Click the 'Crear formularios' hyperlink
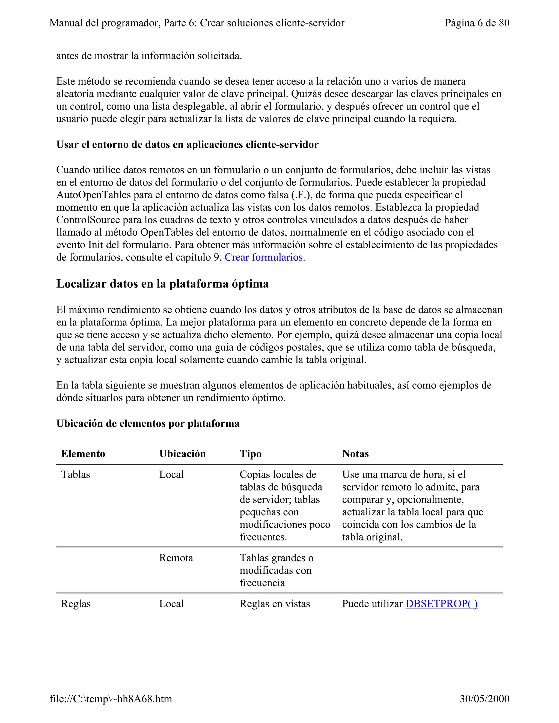point(264,257)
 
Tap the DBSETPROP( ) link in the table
point(441,604)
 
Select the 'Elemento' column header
point(83,453)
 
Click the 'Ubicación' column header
point(183,453)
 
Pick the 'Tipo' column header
point(251,453)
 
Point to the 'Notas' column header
point(355,453)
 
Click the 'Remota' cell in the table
point(176,558)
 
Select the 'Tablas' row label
point(76,474)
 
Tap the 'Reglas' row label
point(76,604)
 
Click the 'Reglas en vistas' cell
point(275,604)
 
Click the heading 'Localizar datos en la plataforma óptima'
point(162,284)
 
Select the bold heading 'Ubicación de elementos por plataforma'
point(148,423)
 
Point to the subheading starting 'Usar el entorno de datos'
point(187,144)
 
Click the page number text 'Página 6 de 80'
point(477,23)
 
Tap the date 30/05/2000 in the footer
point(484,698)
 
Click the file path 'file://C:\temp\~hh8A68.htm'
point(111,698)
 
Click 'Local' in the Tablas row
point(171,474)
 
